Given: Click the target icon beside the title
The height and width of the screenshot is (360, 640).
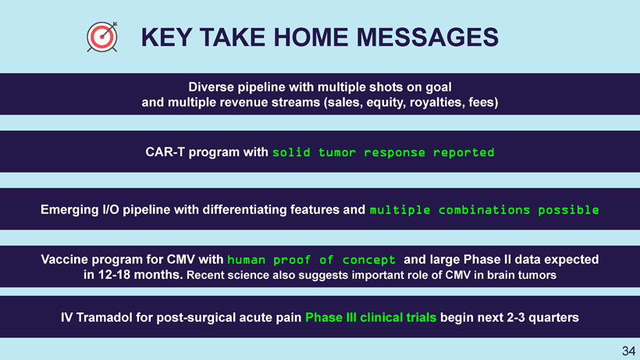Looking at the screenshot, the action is (x=102, y=37).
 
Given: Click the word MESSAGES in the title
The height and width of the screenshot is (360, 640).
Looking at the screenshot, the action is (x=428, y=37).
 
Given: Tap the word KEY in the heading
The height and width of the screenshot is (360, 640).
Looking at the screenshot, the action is (x=166, y=37).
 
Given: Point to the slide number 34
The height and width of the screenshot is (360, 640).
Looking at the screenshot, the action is (x=628, y=351).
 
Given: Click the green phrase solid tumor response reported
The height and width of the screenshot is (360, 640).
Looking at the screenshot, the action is (x=383, y=152).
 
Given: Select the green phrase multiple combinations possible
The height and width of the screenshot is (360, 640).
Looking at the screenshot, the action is (x=484, y=210).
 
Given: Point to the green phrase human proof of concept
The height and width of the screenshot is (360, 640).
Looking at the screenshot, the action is (x=311, y=260).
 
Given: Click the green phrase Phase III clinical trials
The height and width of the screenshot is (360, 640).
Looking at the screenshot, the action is (x=371, y=318).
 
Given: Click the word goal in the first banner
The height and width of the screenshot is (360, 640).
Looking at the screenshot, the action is (x=439, y=87).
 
